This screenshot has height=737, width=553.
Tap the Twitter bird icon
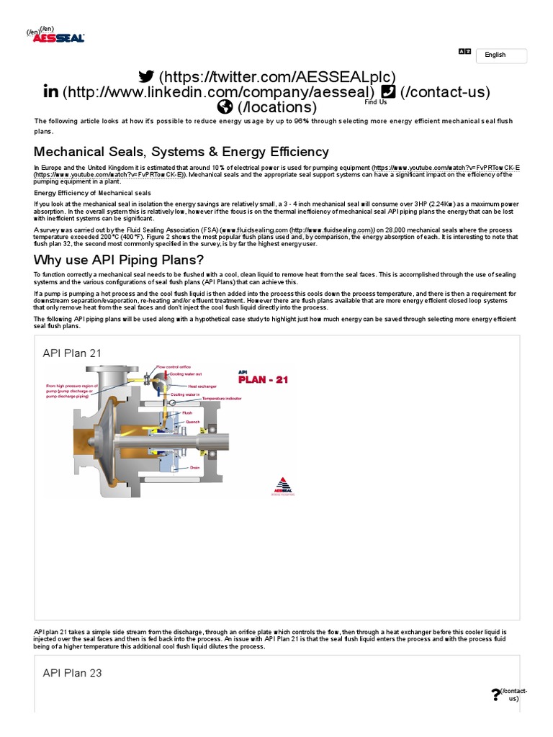click(x=146, y=76)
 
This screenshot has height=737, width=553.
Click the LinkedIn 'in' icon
click(x=51, y=91)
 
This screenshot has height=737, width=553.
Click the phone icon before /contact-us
click(x=387, y=91)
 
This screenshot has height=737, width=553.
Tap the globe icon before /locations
click(x=225, y=107)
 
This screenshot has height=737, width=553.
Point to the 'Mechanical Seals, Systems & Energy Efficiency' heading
click(x=181, y=152)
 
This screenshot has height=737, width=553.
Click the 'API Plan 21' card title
click(x=72, y=353)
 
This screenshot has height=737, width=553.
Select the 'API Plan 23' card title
click(x=72, y=673)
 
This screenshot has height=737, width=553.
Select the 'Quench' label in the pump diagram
click(x=192, y=422)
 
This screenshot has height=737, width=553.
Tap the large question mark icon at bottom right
click(x=495, y=695)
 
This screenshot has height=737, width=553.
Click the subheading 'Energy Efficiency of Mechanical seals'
click(x=93, y=193)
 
